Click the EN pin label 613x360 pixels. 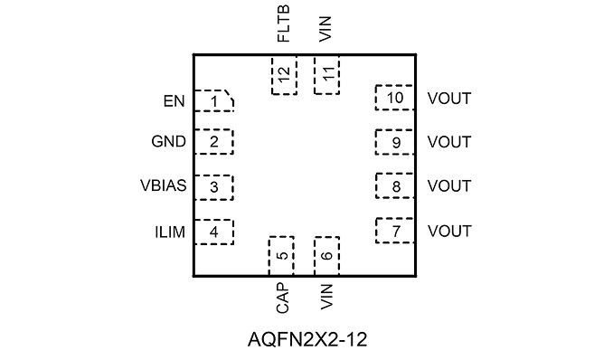pos(174,101)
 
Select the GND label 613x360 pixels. pos(168,141)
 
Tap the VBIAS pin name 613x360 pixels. pos(164,185)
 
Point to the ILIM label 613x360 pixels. pos(170,232)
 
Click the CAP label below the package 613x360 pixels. pos(282,298)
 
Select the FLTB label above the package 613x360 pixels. pos(283,24)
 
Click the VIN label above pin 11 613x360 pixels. pos(325,29)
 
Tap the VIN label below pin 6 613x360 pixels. pos(326,297)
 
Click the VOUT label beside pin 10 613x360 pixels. pos(449,99)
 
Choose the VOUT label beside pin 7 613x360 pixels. pos(449,231)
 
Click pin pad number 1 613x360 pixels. pos(214,101)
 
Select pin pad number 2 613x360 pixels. pos(214,142)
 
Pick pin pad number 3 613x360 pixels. pos(214,187)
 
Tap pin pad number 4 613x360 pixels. pos(214,232)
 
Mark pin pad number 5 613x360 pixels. pos(281,256)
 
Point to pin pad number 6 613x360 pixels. pos(326,256)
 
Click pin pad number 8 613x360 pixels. pos(395,185)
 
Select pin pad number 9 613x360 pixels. pos(395,142)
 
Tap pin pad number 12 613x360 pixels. pos(284,75)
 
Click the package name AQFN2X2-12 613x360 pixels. pos(307,340)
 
